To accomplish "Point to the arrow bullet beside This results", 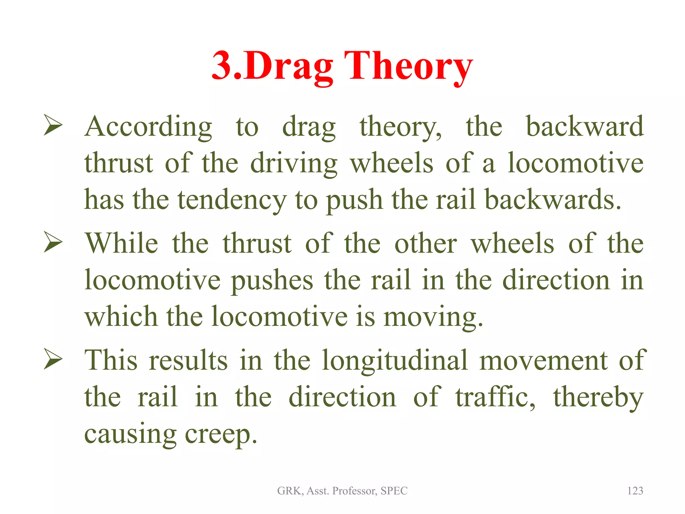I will coord(53,359).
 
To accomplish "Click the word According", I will coord(148,127).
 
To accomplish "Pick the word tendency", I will coord(232,200).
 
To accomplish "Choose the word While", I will coord(121,243).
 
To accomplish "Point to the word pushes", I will coord(272,280).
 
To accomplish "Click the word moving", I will coord(433,317).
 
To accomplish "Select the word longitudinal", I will coord(395,361).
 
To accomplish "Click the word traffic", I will coord(495,398).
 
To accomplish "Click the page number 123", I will coord(635,491).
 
